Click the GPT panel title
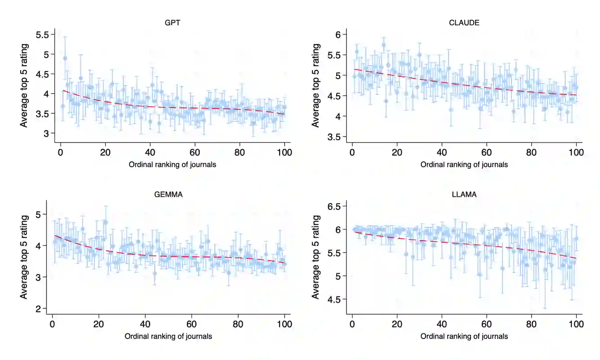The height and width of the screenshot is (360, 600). point(173,23)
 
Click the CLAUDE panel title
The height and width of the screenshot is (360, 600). point(464,23)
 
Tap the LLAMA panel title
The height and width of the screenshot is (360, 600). point(464,195)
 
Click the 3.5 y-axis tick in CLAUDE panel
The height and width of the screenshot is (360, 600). point(337,137)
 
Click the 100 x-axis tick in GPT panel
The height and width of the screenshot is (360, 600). point(284,153)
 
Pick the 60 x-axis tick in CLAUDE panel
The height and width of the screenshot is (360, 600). point(486,153)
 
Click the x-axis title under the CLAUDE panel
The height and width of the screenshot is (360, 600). point(464,164)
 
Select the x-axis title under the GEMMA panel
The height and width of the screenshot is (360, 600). point(169,336)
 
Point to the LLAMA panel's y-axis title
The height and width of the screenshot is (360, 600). point(316,257)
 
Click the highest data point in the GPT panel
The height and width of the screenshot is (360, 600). point(65,58)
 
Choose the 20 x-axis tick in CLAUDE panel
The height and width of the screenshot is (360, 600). point(397,153)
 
